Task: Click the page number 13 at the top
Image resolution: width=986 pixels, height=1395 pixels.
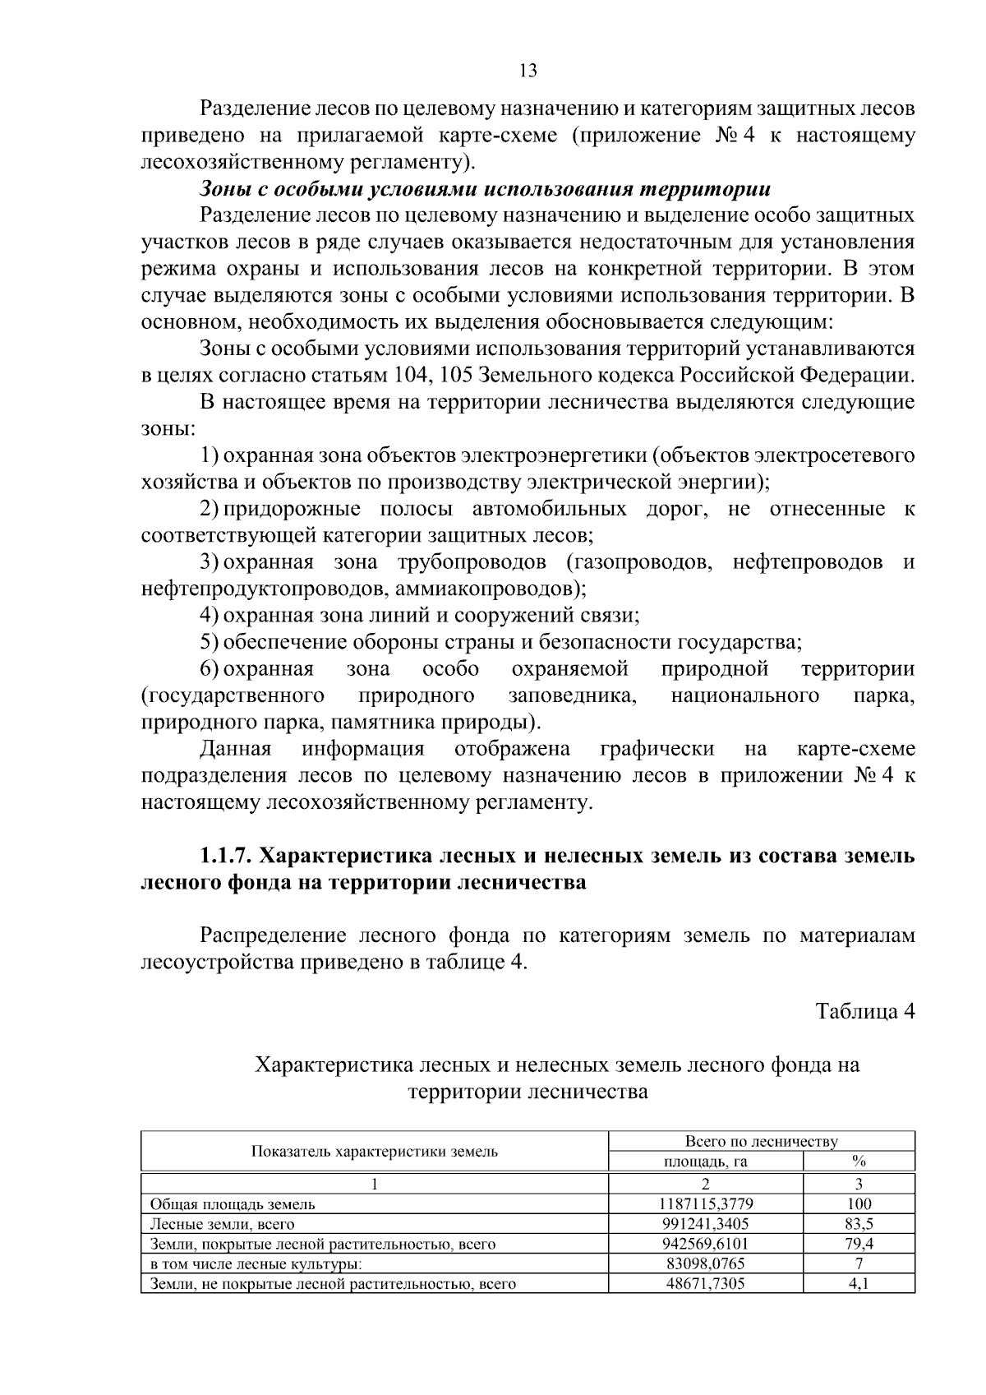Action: tap(528, 71)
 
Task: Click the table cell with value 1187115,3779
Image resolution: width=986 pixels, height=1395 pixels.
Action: tap(705, 1204)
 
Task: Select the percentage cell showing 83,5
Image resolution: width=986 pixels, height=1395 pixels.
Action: tap(859, 1224)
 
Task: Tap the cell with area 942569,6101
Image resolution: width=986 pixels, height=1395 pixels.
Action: tap(705, 1244)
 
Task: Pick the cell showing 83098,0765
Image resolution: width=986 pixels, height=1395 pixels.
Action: tap(705, 1263)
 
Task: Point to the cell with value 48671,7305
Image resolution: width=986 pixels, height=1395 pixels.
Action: tap(705, 1283)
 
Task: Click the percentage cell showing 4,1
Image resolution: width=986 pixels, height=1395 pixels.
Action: tap(859, 1283)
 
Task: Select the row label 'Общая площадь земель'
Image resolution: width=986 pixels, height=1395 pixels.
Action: tap(233, 1204)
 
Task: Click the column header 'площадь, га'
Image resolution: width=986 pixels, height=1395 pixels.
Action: tap(705, 1162)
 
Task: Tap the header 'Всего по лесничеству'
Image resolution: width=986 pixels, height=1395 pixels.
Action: tap(761, 1141)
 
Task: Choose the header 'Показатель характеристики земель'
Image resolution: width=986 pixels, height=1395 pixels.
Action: tap(374, 1151)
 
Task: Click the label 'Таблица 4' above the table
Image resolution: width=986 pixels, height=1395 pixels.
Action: tap(864, 1012)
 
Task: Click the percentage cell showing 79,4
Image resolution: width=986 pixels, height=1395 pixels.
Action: tap(859, 1244)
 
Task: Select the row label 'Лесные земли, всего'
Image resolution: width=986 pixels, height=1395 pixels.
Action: tap(222, 1224)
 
